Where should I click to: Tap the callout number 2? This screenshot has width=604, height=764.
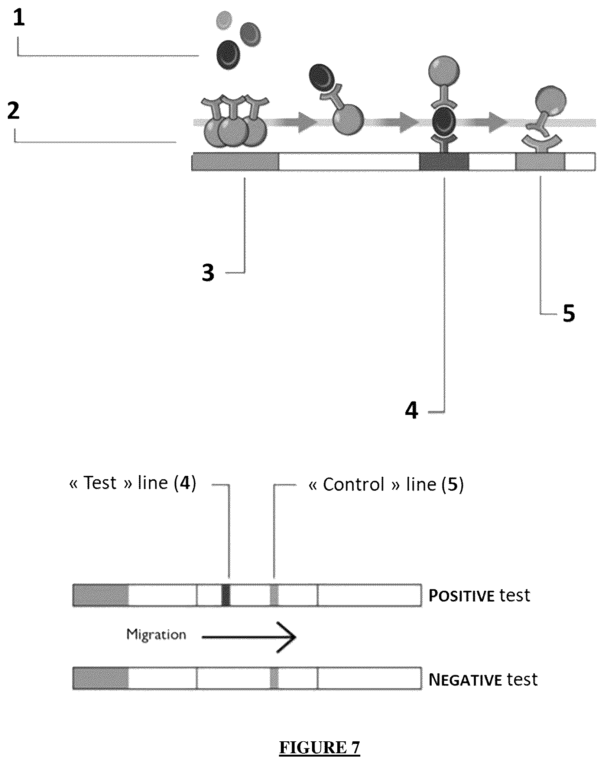point(14,111)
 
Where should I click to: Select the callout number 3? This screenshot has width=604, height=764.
point(208,273)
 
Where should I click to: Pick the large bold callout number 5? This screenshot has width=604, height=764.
point(569,313)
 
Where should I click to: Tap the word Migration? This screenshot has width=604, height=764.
point(156,635)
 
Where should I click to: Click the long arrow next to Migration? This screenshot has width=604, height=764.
point(249,637)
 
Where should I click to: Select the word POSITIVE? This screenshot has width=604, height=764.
point(461,596)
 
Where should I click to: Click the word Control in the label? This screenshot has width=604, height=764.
point(353,484)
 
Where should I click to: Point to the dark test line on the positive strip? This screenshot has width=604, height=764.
point(226,595)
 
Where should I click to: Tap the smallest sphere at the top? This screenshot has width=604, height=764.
point(224,20)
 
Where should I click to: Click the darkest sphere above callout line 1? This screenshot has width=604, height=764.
point(228,55)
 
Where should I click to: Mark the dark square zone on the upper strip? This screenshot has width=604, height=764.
point(444,161)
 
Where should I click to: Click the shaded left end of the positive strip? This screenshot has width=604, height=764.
point(100,595)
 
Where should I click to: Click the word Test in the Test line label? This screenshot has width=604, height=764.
point(100,483)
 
